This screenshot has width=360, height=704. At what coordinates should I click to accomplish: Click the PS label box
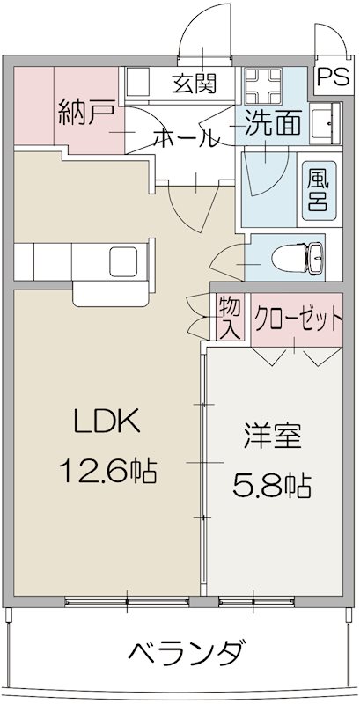click(333, 77)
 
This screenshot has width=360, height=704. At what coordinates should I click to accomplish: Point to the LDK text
click(106, 423)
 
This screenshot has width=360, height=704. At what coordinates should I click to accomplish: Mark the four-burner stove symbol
click(261, 84)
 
